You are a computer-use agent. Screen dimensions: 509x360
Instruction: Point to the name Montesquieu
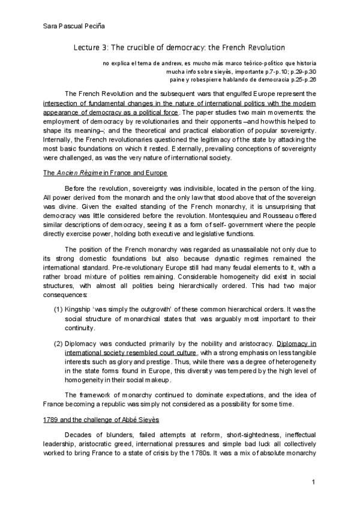pos(241,215)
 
